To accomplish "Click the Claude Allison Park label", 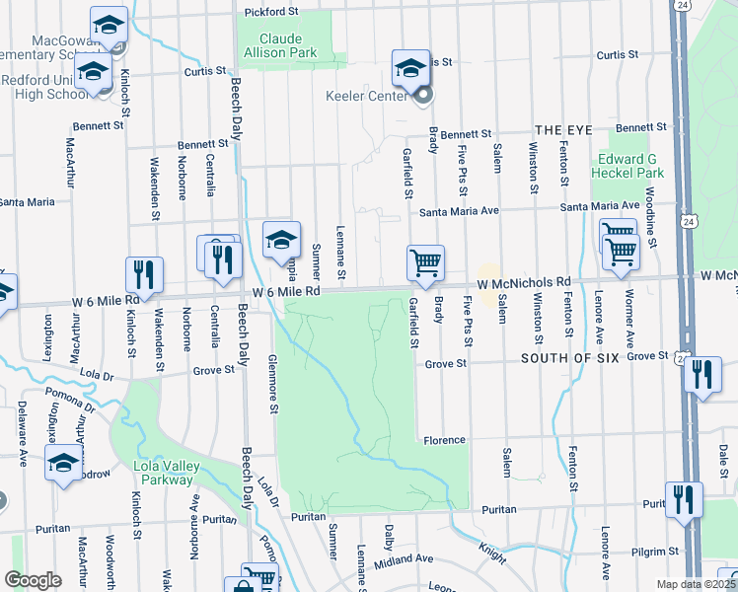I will (x=287, y=45).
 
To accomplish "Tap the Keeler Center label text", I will (x=366, y=97).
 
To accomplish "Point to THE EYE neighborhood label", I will (x=561, y=130).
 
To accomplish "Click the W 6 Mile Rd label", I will (x=286, y=292).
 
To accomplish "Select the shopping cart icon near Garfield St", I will (x=425, y=262).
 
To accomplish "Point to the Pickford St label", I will (x=271, y=12).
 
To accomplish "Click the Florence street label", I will (x=444, y=440).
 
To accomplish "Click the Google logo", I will (x=33, y=580).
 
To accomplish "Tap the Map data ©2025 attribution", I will (x=696, y=584).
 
